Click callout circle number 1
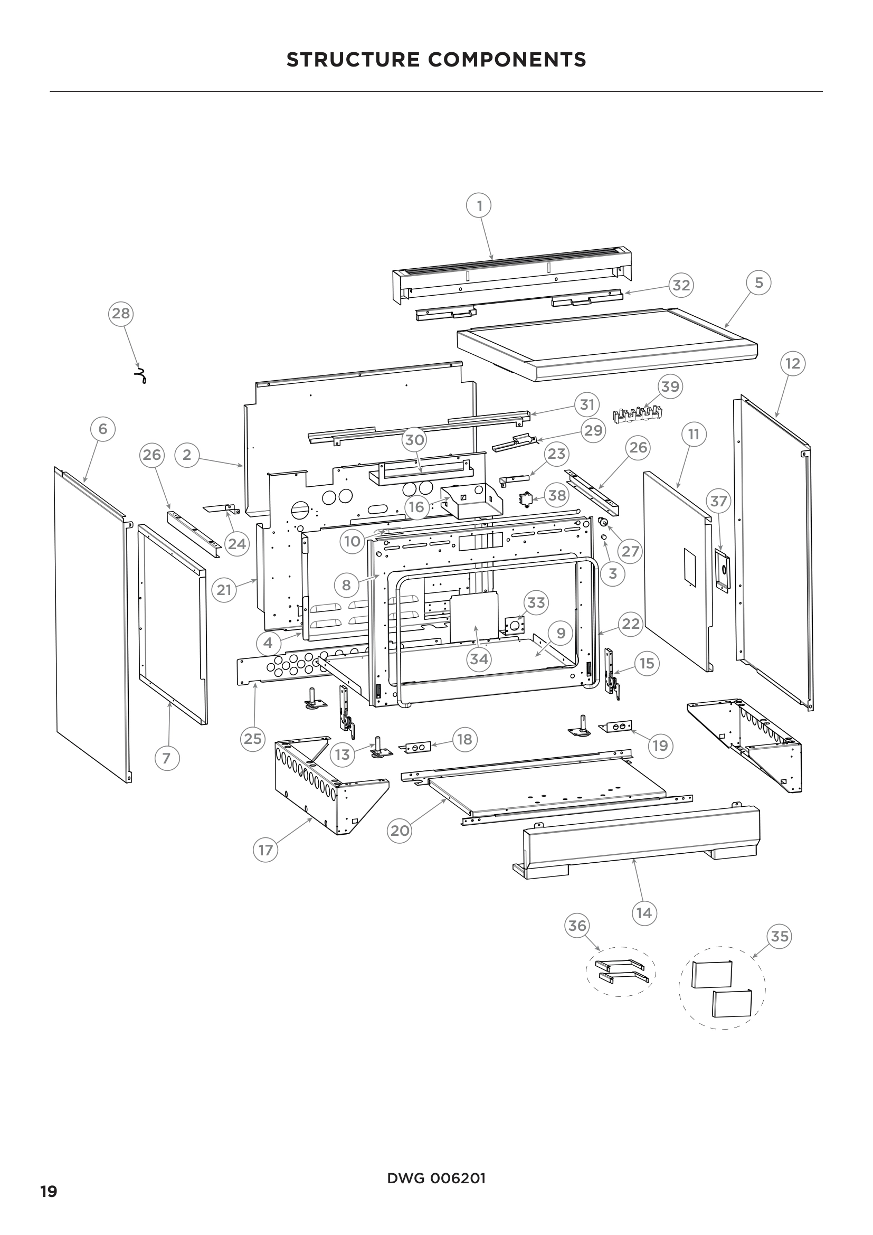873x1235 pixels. click(479, 205)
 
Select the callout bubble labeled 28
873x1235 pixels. click(121, 313)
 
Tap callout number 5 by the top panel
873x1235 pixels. click(758, 283)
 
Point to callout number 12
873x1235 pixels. click(792, 364)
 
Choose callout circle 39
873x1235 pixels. click(670, 386)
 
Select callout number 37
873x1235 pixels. click(719, 501)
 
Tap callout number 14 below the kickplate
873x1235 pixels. click(643, 913)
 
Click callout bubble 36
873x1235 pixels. click(577, 926)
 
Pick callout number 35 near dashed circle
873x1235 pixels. click(779, 937)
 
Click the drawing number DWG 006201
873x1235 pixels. click(436, 1179)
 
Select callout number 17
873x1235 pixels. click(265, 851)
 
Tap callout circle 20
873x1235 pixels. click(400, 831)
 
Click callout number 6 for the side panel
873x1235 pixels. click(103, 429)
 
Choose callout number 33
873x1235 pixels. click(536, 602)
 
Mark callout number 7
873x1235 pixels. click(167, 758)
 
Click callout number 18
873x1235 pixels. click(464, 739)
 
